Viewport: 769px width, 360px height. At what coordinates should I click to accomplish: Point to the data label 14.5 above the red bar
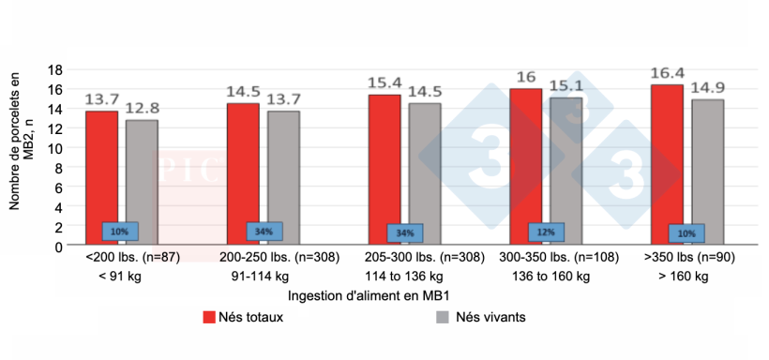tap(243, 93)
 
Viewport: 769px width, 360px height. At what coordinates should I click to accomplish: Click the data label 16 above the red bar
tap(525, 78)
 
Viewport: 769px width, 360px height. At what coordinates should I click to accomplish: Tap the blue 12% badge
tap(545, 232)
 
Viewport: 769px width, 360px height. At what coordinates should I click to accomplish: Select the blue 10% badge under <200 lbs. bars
tap(120, 232)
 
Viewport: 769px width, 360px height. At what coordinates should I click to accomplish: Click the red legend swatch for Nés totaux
tap(210, 317)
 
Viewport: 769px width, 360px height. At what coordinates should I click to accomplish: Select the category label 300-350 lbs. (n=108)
tap(550, 256)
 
